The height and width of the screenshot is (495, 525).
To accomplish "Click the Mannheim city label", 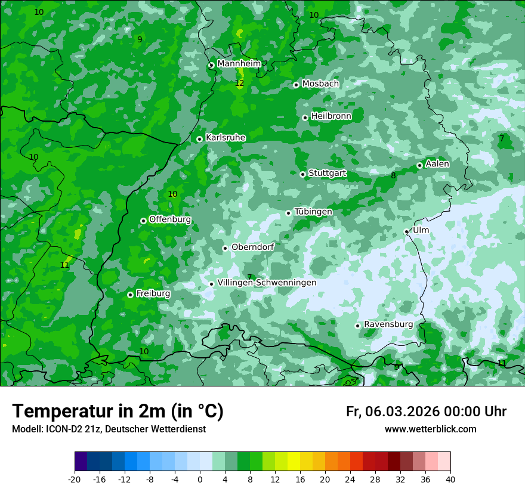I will tap(239, 63).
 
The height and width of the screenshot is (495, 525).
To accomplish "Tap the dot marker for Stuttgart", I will tap(302, 174).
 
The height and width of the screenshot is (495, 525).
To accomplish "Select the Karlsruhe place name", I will tap(226, 138).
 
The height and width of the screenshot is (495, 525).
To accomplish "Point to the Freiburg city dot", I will tap(130, 295).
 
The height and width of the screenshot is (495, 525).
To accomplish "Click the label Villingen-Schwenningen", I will tap(267, 283).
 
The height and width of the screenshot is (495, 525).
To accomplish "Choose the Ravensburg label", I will tap(388, 324).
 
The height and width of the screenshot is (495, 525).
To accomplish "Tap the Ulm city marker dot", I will tap(406, 231).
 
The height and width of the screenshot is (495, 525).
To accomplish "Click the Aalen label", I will tap(437, 164).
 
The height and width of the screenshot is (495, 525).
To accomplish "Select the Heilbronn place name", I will tap(331, 116).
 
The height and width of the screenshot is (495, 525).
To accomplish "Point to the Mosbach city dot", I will tap(296, 85).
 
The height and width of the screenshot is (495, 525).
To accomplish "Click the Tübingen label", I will tap(313, 212).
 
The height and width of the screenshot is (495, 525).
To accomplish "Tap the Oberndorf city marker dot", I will tap(225, 248).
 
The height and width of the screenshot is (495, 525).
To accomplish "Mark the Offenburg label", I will tap(170, 219).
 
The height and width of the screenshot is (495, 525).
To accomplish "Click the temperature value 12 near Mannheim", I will tap(239, 83).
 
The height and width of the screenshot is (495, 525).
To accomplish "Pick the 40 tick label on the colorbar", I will tap(450, 479).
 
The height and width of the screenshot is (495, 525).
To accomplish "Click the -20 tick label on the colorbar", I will tap(74, 479).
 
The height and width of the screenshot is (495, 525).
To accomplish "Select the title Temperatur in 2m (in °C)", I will tap(118, 411).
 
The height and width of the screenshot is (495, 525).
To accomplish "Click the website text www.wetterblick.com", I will tap(430, 429).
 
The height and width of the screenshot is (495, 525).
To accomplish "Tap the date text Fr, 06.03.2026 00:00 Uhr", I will tap(426, 412).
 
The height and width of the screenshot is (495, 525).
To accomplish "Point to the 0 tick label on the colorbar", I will tap(200, 479).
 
